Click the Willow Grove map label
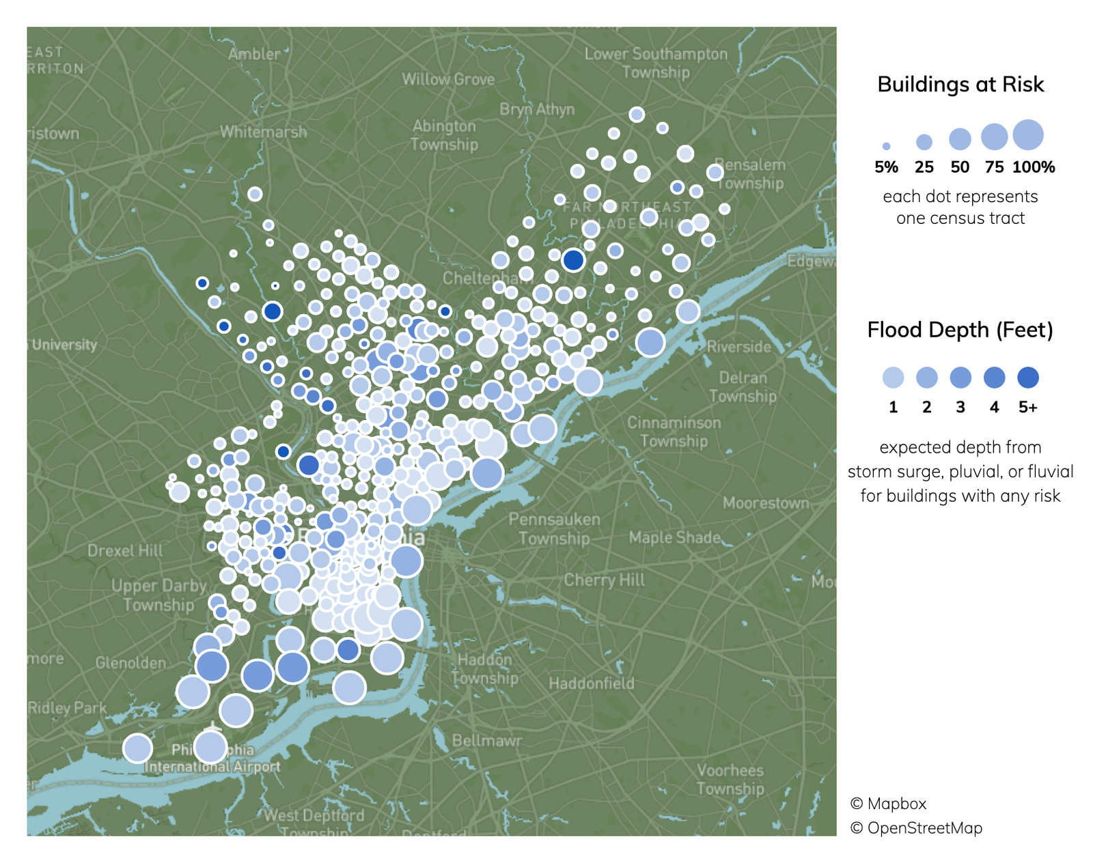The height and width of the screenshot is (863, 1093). [448, 79]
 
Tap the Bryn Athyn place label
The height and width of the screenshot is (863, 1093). [537, 109]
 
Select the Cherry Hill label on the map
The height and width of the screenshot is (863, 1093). [604, 580]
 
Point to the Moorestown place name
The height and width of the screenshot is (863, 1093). [766, 503]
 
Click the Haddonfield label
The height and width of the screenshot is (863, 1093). [592, 683]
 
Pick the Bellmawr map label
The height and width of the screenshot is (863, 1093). [487, 741]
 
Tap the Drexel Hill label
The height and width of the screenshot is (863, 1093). [125, 550]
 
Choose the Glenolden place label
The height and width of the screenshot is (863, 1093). [130, 663]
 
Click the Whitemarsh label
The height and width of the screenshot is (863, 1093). [263, 132]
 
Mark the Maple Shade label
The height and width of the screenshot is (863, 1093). [675, 537]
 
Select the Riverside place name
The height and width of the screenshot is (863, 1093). [739, 347]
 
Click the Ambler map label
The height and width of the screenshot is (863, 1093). [254, 54]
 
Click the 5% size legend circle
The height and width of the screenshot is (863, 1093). [886, 146]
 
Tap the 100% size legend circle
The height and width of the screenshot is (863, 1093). [1028, 135]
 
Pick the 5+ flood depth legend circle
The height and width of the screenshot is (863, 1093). [1028, 378]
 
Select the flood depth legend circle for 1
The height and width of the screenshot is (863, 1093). [893, 378]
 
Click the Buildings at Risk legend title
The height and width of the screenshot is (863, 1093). [960, 85]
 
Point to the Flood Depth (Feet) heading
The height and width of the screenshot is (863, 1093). [960, 330]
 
